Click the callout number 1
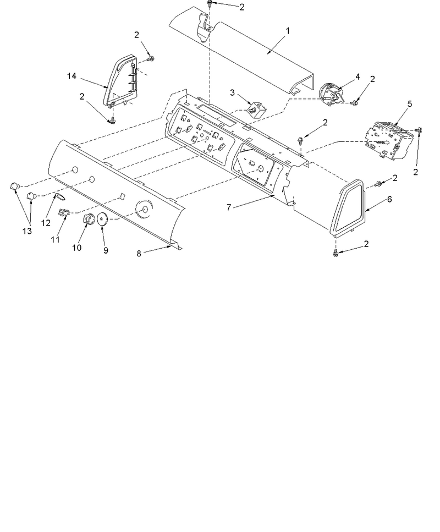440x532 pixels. (288, 31)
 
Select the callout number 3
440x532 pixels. (232, 92)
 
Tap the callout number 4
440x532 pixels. (358, 77)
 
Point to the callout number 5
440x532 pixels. (410, 104)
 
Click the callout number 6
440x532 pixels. (389, 199)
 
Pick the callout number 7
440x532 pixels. (229, 207)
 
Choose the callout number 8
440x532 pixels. (139, 254)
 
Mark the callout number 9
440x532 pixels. (106, 250)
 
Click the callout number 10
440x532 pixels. (76, 248)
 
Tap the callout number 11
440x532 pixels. (56, 239)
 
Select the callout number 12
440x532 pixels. (46, 223)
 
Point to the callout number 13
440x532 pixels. (27, 231)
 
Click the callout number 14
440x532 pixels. (71, 76)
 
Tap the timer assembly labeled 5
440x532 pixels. (390, 140)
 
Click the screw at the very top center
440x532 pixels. (210, 3)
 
